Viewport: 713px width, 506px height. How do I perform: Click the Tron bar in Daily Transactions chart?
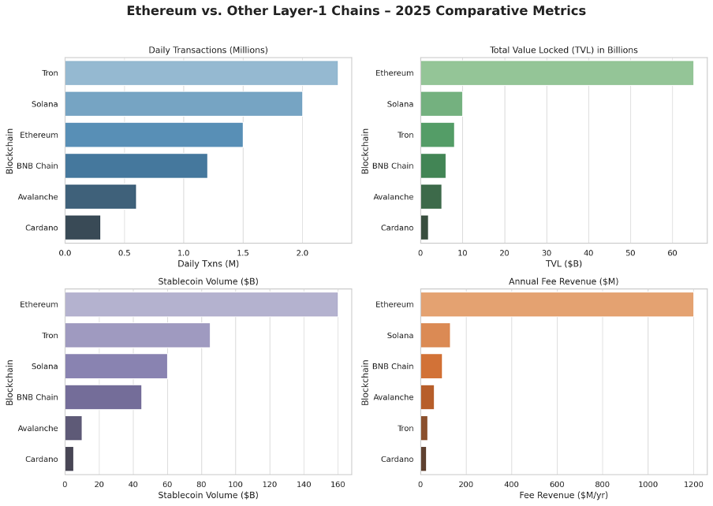(201, 73)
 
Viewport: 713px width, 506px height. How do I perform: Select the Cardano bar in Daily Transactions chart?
(82, 227)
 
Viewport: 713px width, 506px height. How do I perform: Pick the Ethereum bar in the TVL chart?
(556, 73)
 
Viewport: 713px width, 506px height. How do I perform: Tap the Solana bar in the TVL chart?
(441, 104)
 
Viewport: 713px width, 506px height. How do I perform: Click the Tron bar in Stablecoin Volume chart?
(137, 335)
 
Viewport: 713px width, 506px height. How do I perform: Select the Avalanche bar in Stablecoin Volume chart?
(73, 428)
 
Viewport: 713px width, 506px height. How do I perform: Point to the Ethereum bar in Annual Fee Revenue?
(556, 304)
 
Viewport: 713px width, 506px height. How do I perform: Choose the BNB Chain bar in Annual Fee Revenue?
(431, 366)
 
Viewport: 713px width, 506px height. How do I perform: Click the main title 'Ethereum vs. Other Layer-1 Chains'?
(356, 11)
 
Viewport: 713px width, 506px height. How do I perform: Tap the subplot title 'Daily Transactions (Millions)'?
(208, 50)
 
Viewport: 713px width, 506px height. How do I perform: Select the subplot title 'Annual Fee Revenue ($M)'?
(564, 281)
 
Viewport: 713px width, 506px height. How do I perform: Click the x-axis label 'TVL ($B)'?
(564, 262)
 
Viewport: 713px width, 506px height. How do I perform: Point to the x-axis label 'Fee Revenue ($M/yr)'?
(564, 494)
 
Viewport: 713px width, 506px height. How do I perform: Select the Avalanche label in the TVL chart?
(393, 197)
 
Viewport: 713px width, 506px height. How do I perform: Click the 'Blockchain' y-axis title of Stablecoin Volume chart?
(10, 381)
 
